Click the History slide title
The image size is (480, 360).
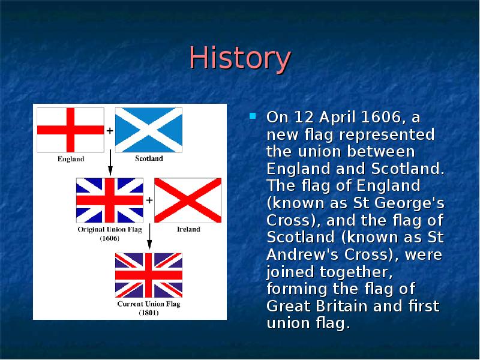[x=240, y=59]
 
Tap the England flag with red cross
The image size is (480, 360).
[x=71, y=130]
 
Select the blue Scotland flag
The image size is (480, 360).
[x=148, y=130]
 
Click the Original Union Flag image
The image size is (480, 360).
[x=109, y=200]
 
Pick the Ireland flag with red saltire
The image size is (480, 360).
[x=188, y=200]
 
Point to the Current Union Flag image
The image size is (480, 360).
[x=148, y=275]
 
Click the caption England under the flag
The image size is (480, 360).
[x=71, y=159]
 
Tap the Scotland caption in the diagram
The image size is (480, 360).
[x=148, y=159]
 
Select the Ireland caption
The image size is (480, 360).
[x=188, y=229]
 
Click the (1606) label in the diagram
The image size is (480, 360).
[x=109, y=238]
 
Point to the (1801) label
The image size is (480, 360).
[x=148, y=313]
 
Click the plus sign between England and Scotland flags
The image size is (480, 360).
[x=110, y=130]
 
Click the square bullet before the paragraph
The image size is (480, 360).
[x=253, y=115]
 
